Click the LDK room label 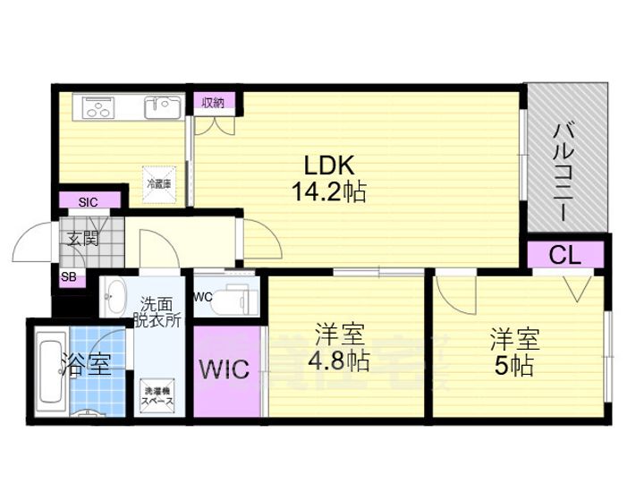330,165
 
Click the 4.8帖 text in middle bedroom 341,361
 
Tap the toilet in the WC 236,299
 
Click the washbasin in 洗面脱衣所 117,295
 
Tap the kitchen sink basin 162,108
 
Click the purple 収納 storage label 214,101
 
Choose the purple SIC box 88,201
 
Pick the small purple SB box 68,278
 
